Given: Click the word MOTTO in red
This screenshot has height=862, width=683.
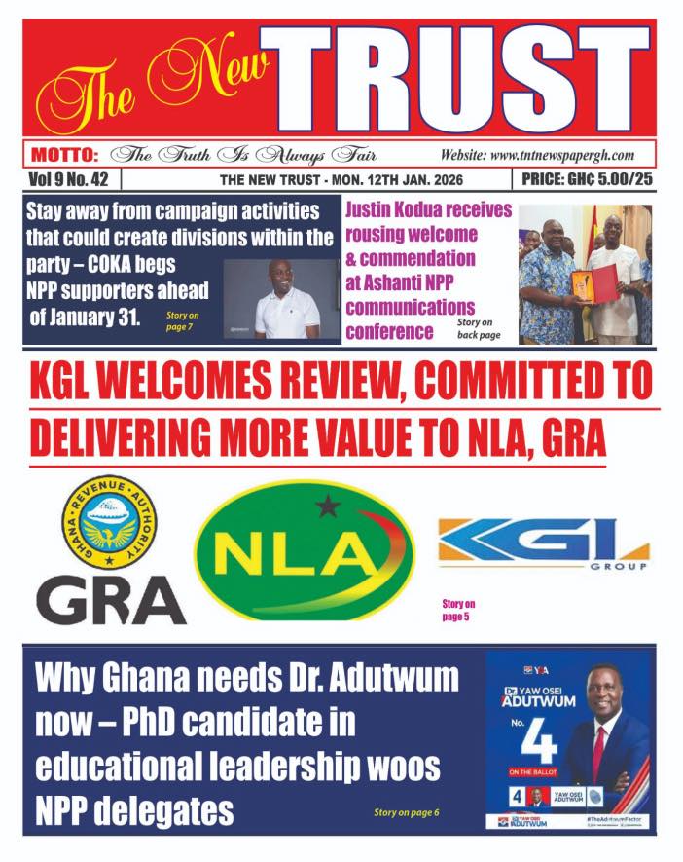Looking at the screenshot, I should pyautogui.click(x=64, y=155).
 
